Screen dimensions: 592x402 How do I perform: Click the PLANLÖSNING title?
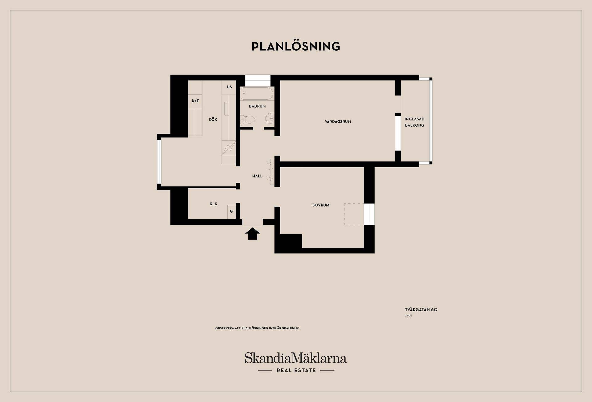(x=296, y=46)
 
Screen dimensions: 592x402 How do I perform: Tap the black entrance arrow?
(x=253, y=234)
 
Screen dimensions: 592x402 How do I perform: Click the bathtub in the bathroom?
(x=257, y=94)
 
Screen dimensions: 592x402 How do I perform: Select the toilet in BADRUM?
(x=247, y=119)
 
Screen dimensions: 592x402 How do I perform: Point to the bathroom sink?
(x=270, y=118)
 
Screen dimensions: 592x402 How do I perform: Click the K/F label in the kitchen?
(x=195, y=101)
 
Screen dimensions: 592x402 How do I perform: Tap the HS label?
(x=229, y=87)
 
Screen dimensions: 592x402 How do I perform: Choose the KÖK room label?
(x=213, y=119)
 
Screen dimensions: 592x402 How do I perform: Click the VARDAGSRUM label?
(x=338, y=122)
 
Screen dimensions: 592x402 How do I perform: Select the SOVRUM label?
(x=321, y=205)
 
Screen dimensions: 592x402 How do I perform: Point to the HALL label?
(x=257, y=176)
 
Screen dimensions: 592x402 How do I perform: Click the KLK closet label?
(x=213, y=204)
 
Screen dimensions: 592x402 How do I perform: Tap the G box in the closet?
(x=232, y=211)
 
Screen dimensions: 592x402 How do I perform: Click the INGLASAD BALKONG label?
(x=414, y=122)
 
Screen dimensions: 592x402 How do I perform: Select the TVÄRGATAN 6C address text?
(x=421, y=310)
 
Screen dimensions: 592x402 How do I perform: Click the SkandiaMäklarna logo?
(x=296, y=358)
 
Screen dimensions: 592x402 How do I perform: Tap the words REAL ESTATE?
(x=296, y=371)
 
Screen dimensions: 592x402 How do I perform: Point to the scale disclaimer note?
(x=257, y=328)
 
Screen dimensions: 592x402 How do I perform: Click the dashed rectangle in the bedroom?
(x=354, y=214)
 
